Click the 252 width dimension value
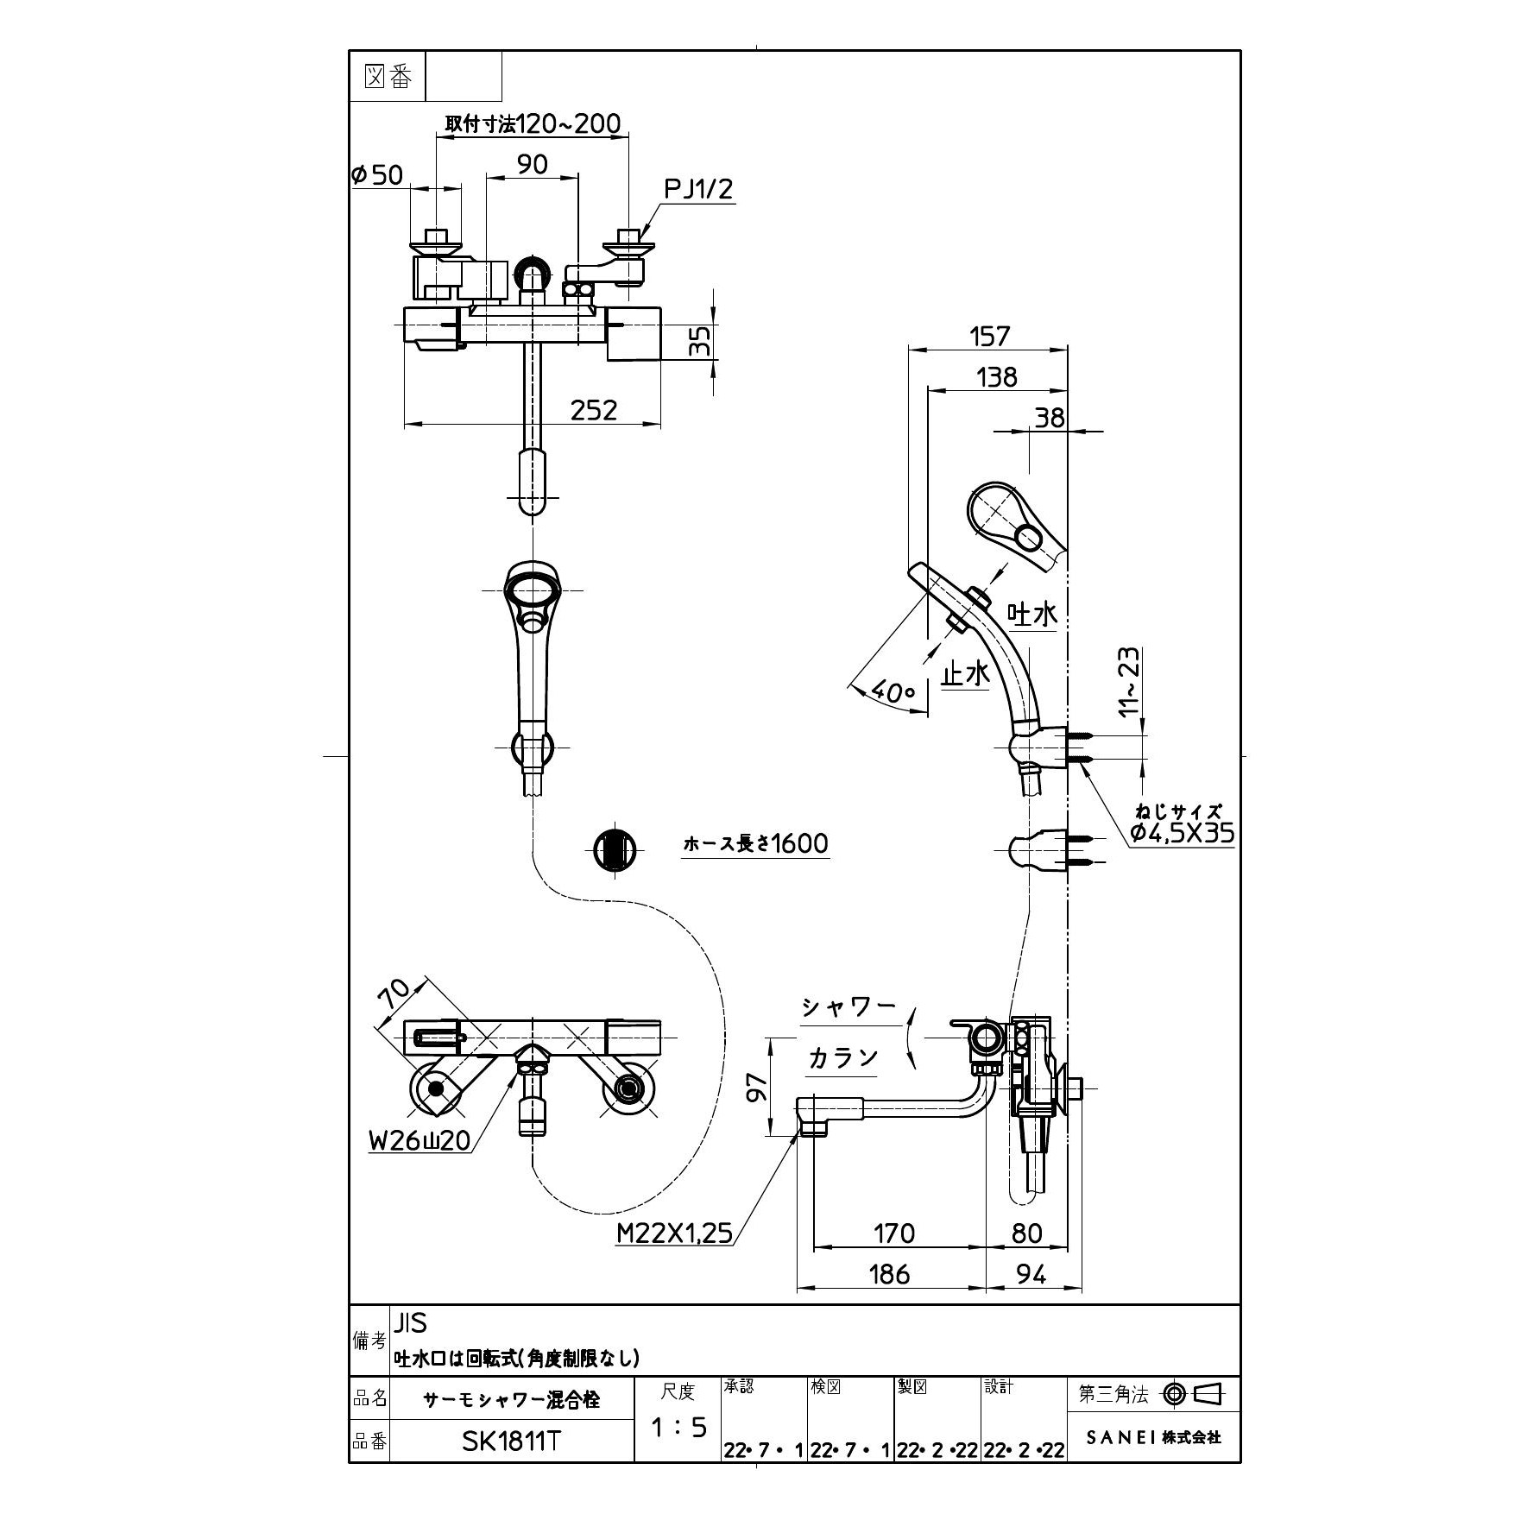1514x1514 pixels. tap(594, 409)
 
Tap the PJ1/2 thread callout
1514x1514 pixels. tap(698, 188)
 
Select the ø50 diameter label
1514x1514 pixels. tap(377, 175)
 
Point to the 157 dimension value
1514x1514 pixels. tap(989, 336)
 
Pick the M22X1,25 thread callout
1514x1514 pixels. tap(674, 1233)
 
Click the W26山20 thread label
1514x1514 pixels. tap(420, 1140)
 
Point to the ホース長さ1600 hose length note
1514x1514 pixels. tap(755, 843)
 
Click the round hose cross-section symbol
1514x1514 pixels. tap(616, 848)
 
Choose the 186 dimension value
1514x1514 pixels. tap(890, 1274)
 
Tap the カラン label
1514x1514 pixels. tap(842, 1058)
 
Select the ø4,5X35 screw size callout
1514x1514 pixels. tap(1182, 833)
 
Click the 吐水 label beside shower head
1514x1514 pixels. tap(1033, 615)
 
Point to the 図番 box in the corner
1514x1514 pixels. tap(388, 77)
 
